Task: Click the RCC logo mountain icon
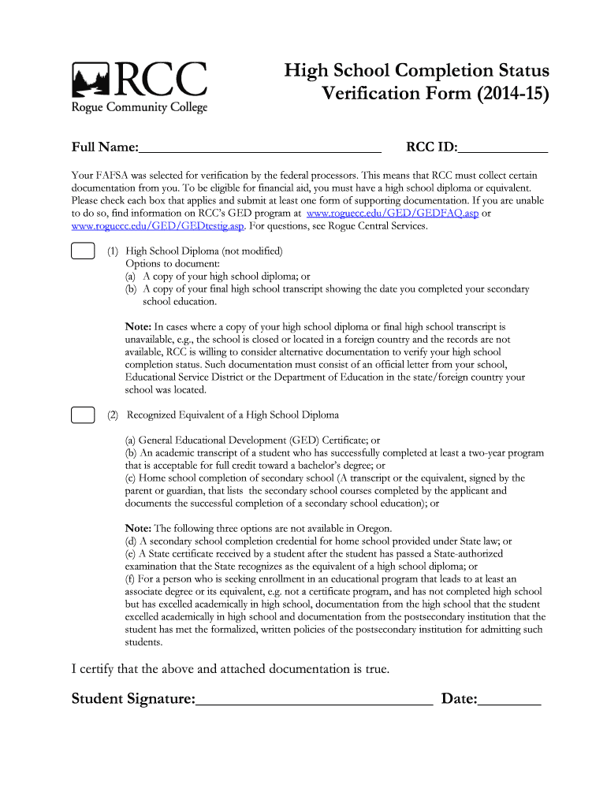(x=91, y=80)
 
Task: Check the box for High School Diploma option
(x=82, y=251)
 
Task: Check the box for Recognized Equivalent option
(x=82, y=415)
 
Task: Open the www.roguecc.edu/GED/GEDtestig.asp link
(x=158, y=226)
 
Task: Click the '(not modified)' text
(x=248, y=251)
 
